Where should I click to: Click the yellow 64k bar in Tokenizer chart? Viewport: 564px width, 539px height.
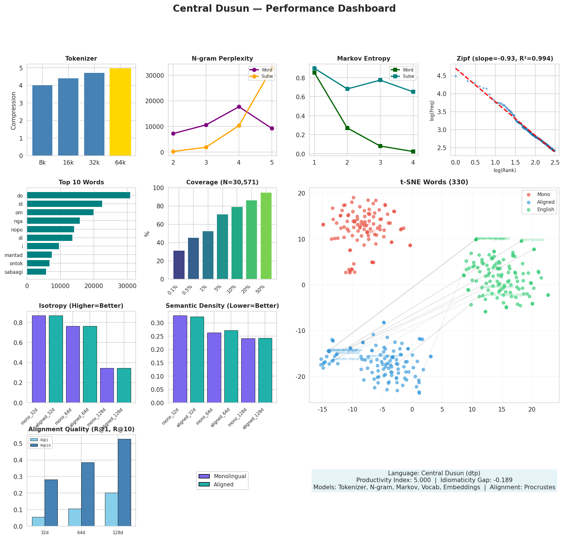click(120, 112)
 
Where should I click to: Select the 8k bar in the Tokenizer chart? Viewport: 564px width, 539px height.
click(42, 121)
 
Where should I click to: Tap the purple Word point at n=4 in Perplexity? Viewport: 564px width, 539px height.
click(239, 107)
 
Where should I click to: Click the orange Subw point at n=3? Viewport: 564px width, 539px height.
click(206, 147)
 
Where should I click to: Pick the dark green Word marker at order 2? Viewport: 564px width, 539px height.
click(347, 128)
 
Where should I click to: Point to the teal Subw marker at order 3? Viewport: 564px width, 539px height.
click(380, 80)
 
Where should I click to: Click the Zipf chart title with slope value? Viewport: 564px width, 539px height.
click(505, 59)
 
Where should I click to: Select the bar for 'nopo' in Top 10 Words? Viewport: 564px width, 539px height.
click(50, 229)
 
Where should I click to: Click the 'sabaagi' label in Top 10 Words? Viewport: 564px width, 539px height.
click(13, 272)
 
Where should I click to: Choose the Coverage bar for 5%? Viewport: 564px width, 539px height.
click(222, 247)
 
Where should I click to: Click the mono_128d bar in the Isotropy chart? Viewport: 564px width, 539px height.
click(107, 385)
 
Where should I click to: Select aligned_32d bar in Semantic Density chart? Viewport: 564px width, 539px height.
click(197, 360)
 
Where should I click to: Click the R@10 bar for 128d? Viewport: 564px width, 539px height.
click(124, 482)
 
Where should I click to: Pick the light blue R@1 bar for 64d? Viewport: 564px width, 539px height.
click(75, 517)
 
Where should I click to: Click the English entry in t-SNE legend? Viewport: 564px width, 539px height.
click(545, 209)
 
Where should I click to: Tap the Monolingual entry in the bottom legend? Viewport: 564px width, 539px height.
click(230, 476)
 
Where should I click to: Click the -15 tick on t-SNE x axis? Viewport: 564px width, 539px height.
click(322, 409)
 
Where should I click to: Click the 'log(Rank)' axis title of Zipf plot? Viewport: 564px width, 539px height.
click(505, 170)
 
